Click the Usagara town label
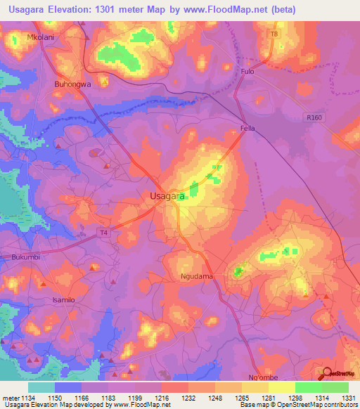click(167, 197)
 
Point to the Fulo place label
click(247, 72)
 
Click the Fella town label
click(247, 129)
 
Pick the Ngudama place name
click(196, 277)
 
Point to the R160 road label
click(314, 118)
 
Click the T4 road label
click(103, 233)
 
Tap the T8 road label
click(274, 34)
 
